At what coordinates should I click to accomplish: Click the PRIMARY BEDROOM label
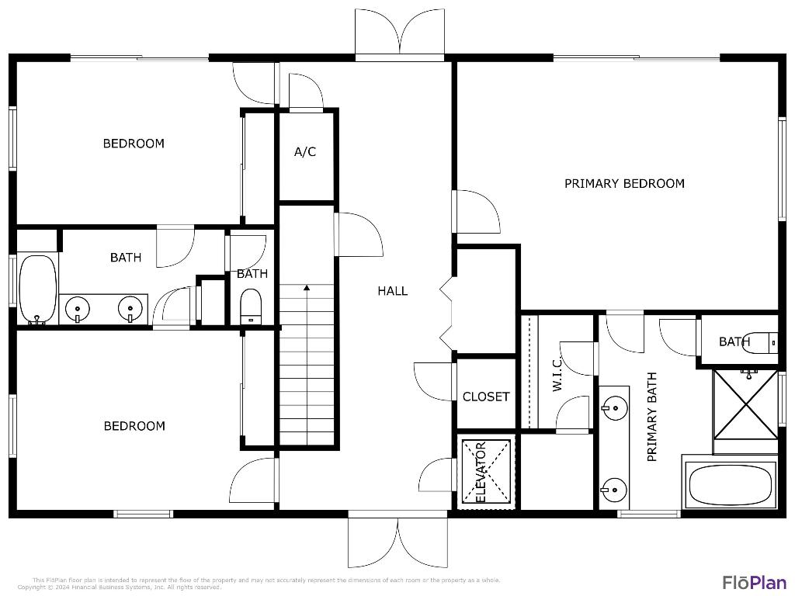[624, 184]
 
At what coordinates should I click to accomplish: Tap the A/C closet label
[305, 152]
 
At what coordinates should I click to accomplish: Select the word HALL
[393, 291]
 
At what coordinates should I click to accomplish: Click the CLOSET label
[486, 397]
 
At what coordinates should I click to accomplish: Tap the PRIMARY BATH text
[652, 417]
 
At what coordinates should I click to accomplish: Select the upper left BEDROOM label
[134, 144]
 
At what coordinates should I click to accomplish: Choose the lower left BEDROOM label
[134, 426]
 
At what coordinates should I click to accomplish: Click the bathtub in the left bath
[36, 289]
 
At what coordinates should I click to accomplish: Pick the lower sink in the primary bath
[614, 489]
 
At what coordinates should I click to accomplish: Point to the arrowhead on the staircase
[307, 288]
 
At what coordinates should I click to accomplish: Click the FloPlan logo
[754, 582]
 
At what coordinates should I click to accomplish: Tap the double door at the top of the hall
[400, 35]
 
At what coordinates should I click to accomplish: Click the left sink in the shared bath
[78, 308]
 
